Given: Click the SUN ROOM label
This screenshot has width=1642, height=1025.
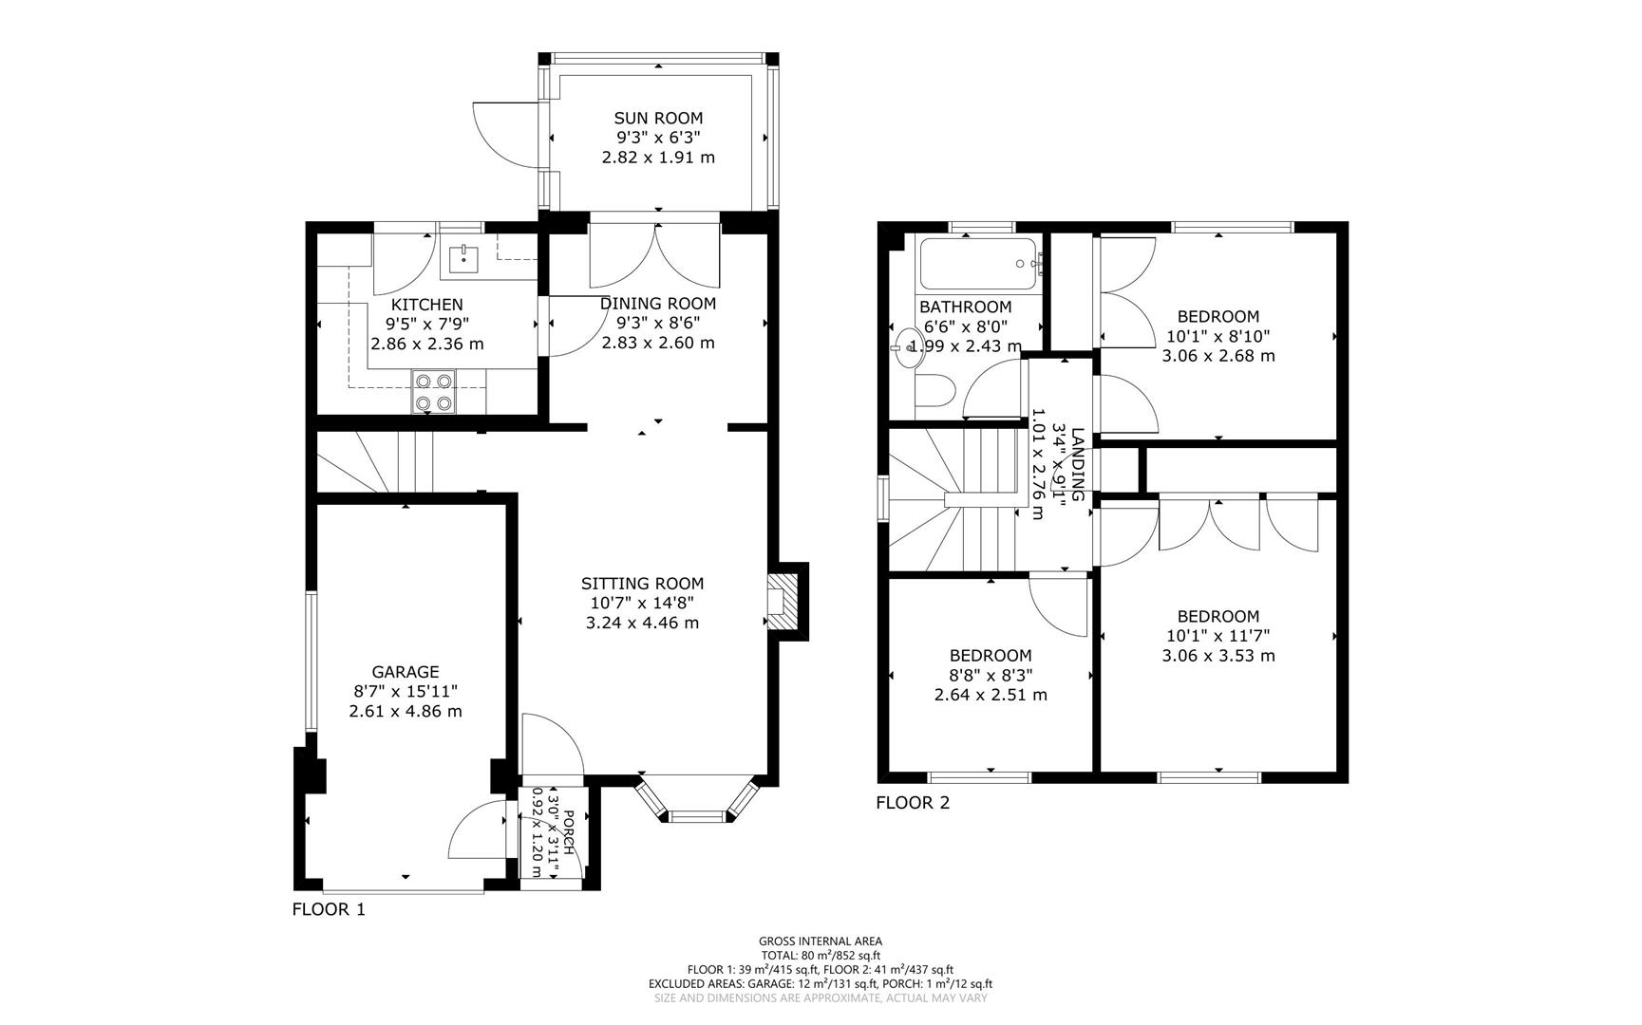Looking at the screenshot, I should tap(657, 119).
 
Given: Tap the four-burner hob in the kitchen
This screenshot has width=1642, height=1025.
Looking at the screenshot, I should tap(433, 392).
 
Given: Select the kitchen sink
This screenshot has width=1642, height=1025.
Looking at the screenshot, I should tap(463, 258).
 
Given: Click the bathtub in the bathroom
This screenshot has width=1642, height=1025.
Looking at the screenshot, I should tap(977, 264).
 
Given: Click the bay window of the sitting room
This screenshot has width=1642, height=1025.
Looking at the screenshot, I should tap(698, 803).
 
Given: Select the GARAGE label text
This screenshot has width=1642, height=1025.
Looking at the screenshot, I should tap(406, 672).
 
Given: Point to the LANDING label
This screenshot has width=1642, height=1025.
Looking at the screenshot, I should tap(1077, 464).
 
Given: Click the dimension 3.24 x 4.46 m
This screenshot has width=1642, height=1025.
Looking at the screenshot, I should tap(642, 624).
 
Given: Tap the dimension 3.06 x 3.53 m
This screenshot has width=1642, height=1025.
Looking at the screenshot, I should tap(1217, 656).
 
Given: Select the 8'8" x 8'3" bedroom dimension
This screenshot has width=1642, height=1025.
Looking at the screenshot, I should tap(991, 675).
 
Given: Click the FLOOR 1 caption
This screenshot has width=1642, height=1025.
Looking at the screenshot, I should tap(328, 909).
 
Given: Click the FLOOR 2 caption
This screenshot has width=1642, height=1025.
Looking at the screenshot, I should tap(912, 803).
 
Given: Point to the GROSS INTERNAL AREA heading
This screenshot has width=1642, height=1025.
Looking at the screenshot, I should tap(820, 941).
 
